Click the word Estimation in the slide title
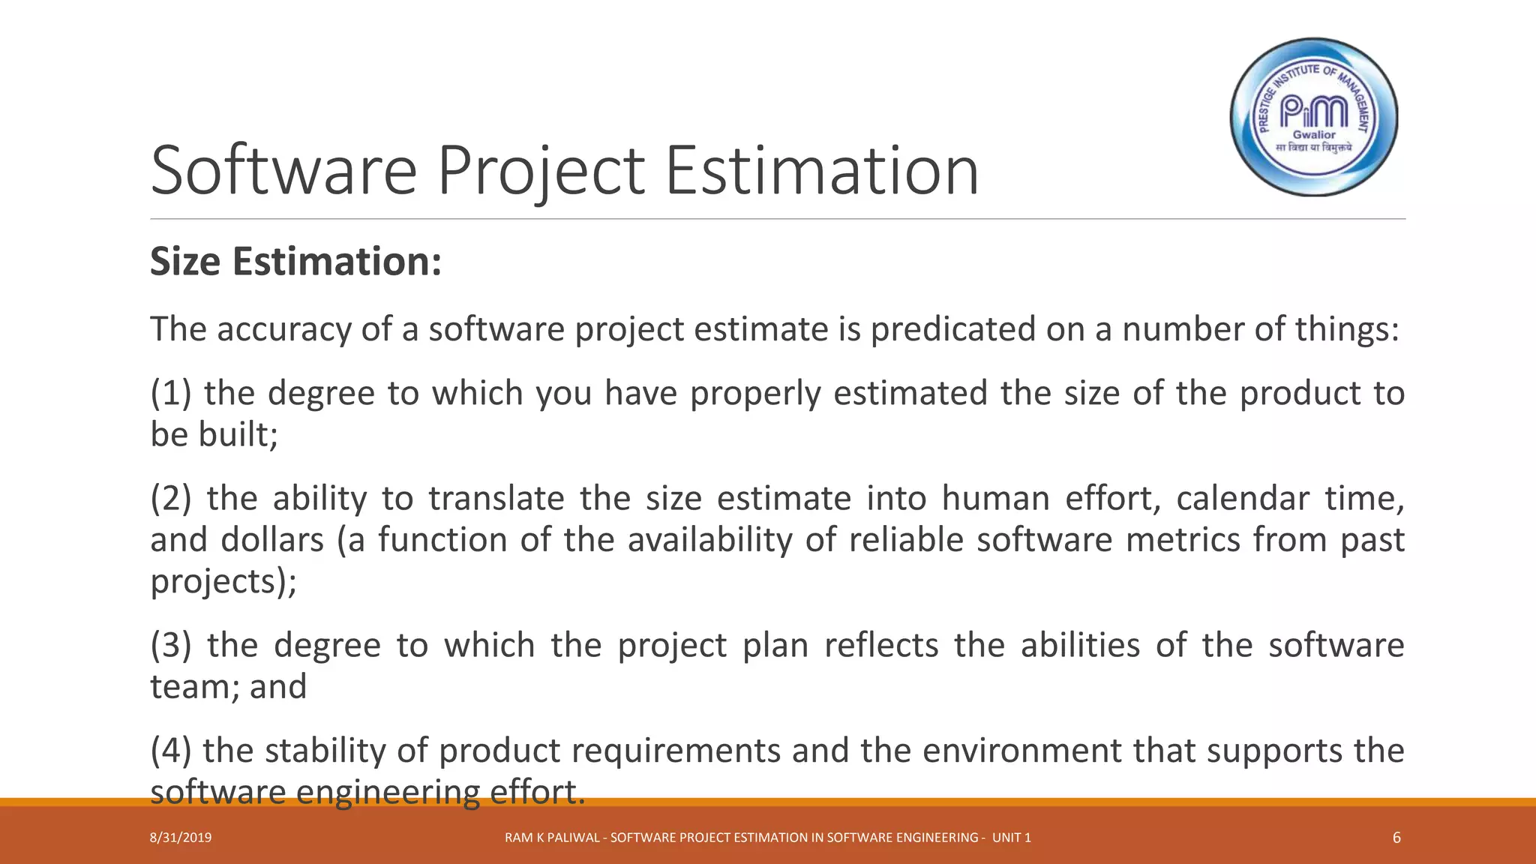[x=822, y=171]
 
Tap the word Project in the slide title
[x=540, y=171]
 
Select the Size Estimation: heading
[x=296, y=262]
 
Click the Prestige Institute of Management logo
[x=1314, y=117]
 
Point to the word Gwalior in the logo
[x=1314, y=135]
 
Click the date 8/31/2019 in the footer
[x=181, y=838]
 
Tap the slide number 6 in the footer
[x=1396, y=838]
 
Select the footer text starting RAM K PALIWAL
[x=768, y=838]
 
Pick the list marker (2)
[x=172, y=499]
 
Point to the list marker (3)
[x=172, y=646]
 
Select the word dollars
[x=272, y=540]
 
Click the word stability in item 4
[x=325, y=751]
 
